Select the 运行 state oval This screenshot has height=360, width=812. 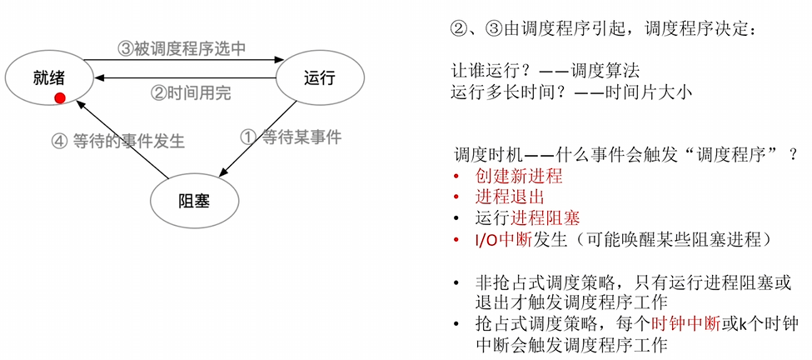point(320,77)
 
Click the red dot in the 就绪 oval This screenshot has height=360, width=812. point(60,98)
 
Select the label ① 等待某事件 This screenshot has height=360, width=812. point(290,136)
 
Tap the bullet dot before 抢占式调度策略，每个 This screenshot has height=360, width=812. point(456,323)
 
